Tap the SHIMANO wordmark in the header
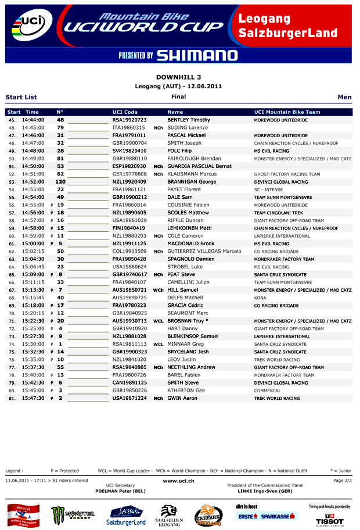tap(196, 55)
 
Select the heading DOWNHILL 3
tap(179, 77)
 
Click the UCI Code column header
tap(125, 112)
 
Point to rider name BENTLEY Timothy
tap(189, 120)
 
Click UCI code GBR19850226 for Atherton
tap(129, 391)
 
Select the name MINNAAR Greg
tap(185, 344)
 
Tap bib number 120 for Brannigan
tap(60, 182)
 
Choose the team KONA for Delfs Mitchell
tap(260, 298)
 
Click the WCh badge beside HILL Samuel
tap(158, 290)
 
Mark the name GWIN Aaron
tap(182, 398)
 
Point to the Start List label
tap(21, 97)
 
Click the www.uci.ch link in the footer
tap(178, 481)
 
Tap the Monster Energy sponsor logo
tap(73, 514)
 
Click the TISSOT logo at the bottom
tap(329, 518)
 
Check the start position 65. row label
tap(12, 274)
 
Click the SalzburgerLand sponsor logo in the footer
tap(126, 515)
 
